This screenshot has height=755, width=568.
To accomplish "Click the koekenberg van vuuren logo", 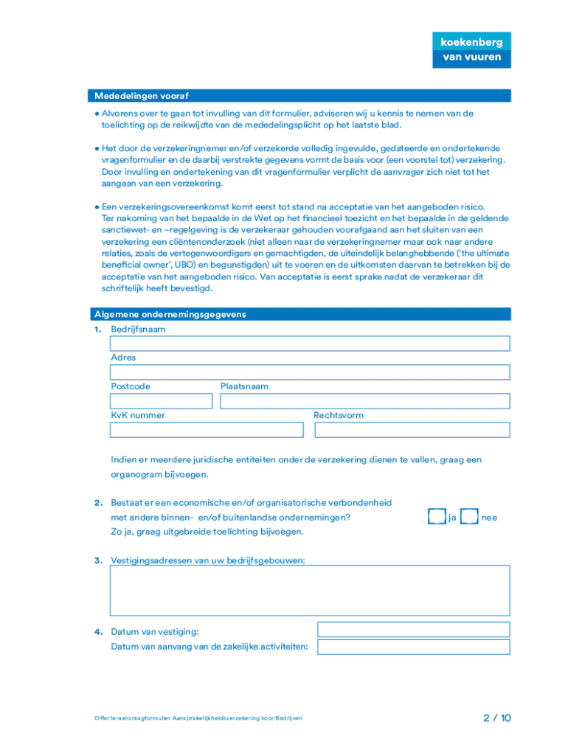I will pos(471,49).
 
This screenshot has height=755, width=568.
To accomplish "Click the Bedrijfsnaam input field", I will pos(310,344).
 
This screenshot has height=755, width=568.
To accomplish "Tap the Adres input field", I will pos(310,372).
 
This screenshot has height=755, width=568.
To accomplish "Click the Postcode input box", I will pos(161,401).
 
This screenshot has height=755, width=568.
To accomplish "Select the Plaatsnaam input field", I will pos(364,401).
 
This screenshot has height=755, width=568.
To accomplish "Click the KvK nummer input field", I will pos(207,430).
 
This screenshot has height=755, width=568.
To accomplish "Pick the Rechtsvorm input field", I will pos(411,430).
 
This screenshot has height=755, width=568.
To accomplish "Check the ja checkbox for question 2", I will pos(437,518).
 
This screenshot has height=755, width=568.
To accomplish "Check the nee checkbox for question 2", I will pos(469,518).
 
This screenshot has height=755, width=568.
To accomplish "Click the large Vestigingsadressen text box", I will pos(310,594).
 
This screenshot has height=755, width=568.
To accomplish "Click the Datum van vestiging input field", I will pos(413,630).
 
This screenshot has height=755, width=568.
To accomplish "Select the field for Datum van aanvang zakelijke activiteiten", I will pos(413,647).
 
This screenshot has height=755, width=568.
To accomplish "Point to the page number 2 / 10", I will pos(497,717).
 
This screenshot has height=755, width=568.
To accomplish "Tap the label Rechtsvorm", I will pos(338,415).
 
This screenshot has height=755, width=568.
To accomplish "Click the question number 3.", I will pos(97,560).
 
